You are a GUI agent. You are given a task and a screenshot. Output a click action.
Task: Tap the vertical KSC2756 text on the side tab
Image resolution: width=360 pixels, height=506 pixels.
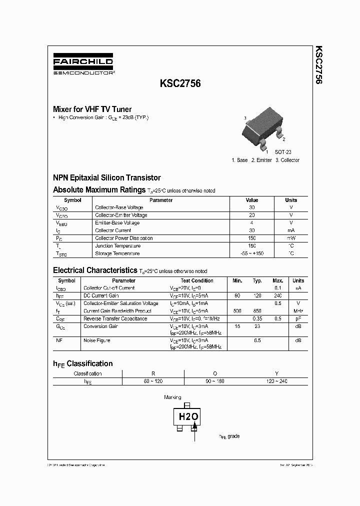pos(317,65)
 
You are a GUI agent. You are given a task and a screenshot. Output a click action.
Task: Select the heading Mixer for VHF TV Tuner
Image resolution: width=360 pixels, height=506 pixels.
pos(92,109)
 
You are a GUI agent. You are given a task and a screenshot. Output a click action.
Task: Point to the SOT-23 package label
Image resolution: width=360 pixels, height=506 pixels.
pos(282,152)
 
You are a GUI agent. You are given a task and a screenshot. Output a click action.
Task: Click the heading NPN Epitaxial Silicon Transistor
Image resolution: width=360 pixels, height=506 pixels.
pos(107,177)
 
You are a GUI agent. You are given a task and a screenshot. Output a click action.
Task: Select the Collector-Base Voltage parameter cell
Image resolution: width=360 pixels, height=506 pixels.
pos(119,207)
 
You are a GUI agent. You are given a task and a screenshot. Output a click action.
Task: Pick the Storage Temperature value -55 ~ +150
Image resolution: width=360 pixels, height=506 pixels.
pos(252,253)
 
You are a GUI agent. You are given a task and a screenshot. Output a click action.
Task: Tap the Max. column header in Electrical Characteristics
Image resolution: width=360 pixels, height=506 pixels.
pos(277,281)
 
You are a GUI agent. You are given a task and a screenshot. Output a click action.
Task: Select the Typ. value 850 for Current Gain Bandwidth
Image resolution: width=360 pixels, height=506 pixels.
pos(257,311)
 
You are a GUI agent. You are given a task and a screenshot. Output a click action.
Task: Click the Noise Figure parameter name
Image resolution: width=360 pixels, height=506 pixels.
pos(96,340)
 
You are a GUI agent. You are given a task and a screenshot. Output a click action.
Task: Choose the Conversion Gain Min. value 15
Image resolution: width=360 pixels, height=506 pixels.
pos(237,326)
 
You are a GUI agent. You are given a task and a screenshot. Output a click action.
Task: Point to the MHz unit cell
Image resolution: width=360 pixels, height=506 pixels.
pos(298,311)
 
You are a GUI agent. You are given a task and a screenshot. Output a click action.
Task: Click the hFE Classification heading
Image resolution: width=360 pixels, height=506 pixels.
pos(83,363)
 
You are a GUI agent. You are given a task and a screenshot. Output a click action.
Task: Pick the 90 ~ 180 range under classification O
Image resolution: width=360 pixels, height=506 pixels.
pos(215,381)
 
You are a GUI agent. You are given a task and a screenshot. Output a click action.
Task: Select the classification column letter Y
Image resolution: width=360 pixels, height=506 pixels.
pos(276,373)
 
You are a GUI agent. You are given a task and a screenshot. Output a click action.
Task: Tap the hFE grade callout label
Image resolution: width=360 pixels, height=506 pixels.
pos(229,436)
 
